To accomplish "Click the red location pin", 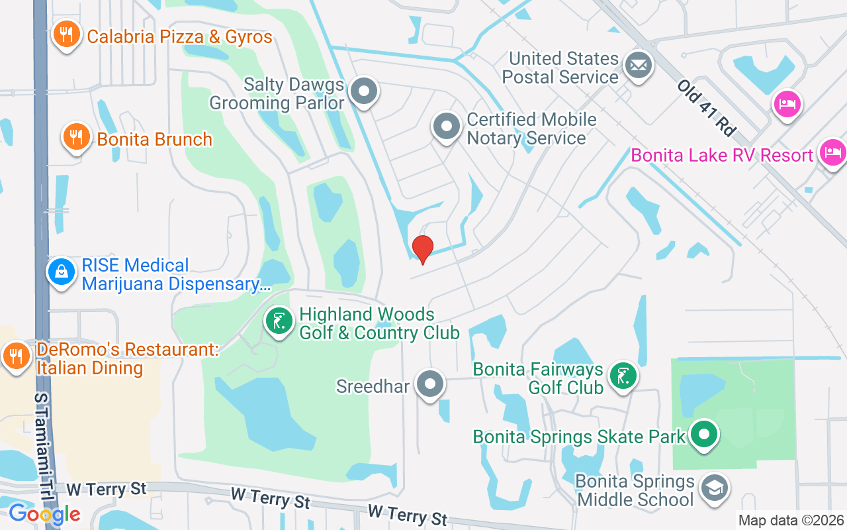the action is [x=422, y=249].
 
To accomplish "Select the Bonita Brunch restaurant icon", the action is [x=77, y=136].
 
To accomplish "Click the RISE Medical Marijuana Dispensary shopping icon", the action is [x=62, y=272].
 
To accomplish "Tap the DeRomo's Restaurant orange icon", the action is [x=15, y=356].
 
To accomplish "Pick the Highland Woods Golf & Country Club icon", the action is [x=279, y=322].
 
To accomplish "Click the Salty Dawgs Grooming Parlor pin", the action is [x=363, y=91].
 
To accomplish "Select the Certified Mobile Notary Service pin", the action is [x=446, y=126].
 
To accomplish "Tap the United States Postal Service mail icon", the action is [x=639, y=66].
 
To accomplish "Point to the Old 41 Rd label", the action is [x=707, y=108].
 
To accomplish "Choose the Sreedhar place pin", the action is [x=431, y=384].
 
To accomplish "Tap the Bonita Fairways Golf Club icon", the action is [x=623, y=376].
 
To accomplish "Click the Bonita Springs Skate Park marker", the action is [x=703, y=435].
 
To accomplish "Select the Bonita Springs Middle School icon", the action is [x=713, y=488].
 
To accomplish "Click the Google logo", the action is [x=44, y=513].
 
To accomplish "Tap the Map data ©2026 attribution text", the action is [x=791, y=521].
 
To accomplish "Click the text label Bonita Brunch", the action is [x=154, y=139].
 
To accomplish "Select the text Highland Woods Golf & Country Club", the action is [x=379, y=323].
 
